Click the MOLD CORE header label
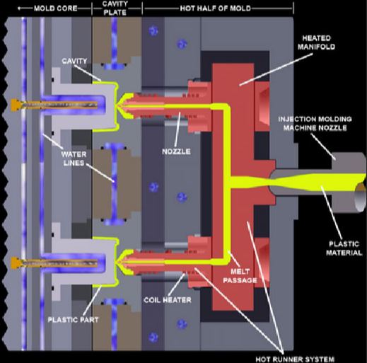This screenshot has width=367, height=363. click(56, 8)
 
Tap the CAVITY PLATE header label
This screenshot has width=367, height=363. click(115, 8)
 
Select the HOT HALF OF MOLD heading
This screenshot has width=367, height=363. click(216, 8)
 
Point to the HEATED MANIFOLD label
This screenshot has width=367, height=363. click(316, 42)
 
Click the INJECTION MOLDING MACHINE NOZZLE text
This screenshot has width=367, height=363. click(315, 124)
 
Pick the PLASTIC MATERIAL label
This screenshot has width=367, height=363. click(344, 248)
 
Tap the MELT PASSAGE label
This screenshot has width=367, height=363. click(240, 276)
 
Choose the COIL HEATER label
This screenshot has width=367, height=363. click(168, 300)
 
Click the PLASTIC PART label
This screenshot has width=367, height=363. click(73, 320)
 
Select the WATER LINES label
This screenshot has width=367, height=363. click(74, 159)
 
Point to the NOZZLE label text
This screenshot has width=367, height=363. click(176, 151)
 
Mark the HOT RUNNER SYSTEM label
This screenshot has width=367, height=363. click(295, 359)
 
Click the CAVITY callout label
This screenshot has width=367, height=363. click(74, 61)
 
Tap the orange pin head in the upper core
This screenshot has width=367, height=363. click(15, 105)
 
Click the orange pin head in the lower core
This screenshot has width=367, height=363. click(15, 263)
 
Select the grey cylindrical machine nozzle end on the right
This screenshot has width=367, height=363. click(349, 182)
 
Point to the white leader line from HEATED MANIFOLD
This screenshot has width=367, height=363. click(276, 69)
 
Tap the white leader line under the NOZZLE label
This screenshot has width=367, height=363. click(177, 129)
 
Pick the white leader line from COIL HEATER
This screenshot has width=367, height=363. click(176, 284)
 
